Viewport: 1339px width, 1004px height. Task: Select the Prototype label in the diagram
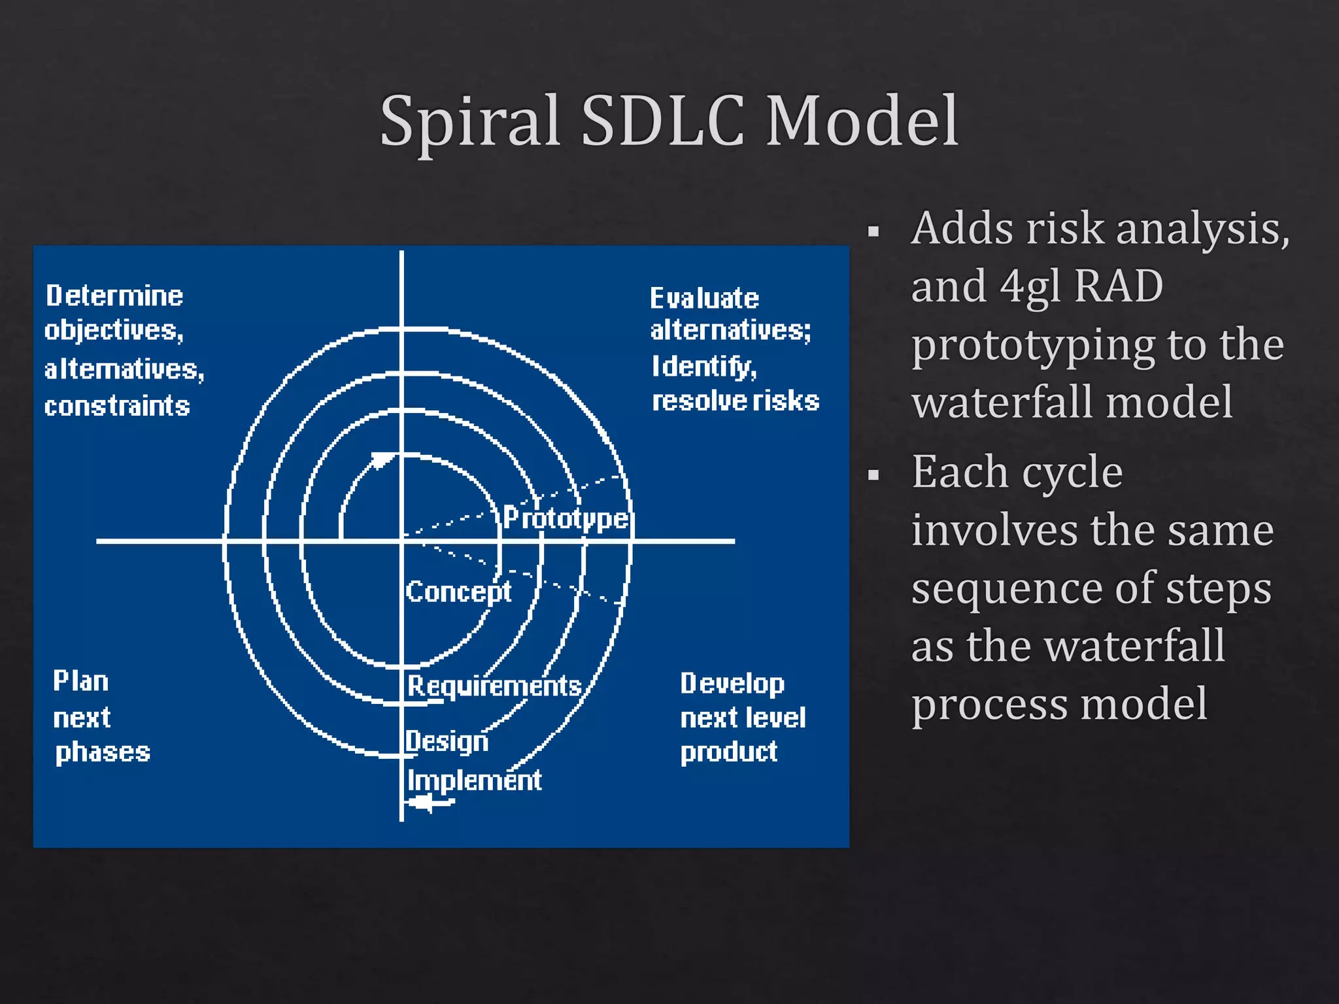pos(566,518)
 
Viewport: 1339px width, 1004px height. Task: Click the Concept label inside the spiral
pos(458,592)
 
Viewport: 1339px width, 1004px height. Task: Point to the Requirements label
pos(494,686)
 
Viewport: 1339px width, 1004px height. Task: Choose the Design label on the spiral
pos(447,741)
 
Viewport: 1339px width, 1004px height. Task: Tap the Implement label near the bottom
pos(474,780)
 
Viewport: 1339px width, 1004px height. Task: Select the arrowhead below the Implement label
pos(423,803)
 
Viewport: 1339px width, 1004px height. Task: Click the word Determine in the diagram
pos(114,296)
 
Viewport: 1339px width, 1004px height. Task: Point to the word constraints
pos(117,407)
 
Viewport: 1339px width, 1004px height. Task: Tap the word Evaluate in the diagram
pos(704,299)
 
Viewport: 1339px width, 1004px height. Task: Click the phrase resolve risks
pos(736,401)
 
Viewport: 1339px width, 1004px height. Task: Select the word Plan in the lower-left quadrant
pos(80,681)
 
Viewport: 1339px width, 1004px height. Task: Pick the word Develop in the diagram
pos(732,684)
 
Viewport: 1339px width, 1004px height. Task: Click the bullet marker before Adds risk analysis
pos(873,231)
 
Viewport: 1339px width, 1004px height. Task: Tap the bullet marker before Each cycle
pos(873,475)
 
